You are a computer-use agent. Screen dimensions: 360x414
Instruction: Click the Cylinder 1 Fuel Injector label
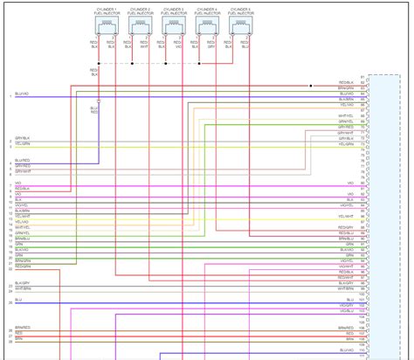(107, 11)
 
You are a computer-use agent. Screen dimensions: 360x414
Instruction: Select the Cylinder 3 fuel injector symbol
(174, 28)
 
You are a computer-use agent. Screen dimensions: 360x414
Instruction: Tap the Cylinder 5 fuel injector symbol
(240, 28)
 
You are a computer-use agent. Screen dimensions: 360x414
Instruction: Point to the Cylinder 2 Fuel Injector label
(141, 11)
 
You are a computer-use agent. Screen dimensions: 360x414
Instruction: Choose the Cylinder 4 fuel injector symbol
(207, 28)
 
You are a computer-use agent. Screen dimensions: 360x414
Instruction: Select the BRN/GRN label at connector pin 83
(346, 88)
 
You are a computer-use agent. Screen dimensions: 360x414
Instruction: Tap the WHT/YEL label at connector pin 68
(346, 115)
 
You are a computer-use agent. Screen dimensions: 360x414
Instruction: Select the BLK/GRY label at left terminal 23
(23, 284)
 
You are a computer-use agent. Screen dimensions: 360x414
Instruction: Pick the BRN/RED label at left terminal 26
(23, 327)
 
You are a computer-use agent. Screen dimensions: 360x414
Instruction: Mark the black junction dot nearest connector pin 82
(311, 86)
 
